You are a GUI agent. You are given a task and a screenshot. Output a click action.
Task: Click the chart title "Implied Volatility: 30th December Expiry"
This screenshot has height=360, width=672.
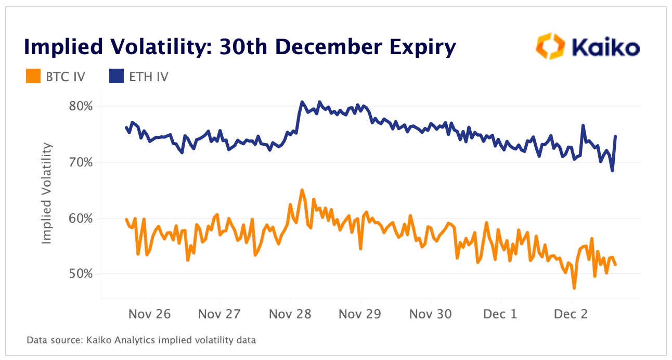click(x=240, y=47)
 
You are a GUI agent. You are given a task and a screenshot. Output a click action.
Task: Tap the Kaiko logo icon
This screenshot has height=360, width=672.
click(x=550, y=47)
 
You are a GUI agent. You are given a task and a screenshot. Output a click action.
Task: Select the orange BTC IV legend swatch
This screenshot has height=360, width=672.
click(x=33, y=77)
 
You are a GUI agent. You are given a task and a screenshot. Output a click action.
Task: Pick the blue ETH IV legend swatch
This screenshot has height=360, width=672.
click(x=116, y=77)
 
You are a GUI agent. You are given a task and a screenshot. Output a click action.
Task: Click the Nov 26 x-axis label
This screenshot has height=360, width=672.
click(x=150, y=314)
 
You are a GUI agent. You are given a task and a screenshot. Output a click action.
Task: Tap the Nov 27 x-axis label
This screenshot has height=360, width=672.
click(x=220, y=314)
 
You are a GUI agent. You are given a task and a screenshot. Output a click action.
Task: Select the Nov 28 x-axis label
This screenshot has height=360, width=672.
click(x=290, y=314)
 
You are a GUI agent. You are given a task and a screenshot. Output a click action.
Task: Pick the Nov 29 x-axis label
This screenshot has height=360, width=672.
click(x=360, y=314)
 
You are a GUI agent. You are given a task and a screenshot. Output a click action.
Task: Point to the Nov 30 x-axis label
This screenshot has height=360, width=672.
click(x=430, y=314)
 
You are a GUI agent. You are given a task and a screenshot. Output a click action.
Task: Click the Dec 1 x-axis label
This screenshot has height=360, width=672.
click(x=500, y=314)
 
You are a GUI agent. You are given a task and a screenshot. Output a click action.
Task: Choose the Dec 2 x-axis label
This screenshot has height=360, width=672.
click(x=571, y=314)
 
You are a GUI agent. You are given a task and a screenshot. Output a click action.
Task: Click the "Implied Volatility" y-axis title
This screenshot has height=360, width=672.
click(x=47, y=194)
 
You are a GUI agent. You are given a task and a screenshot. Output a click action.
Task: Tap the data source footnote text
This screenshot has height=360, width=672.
click(x=141, y=341)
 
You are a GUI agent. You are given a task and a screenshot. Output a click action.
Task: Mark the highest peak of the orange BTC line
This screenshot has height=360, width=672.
click(x=302, y=190)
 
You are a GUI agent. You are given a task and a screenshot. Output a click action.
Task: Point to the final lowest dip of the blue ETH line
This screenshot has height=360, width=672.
click(x=612, y=171)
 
